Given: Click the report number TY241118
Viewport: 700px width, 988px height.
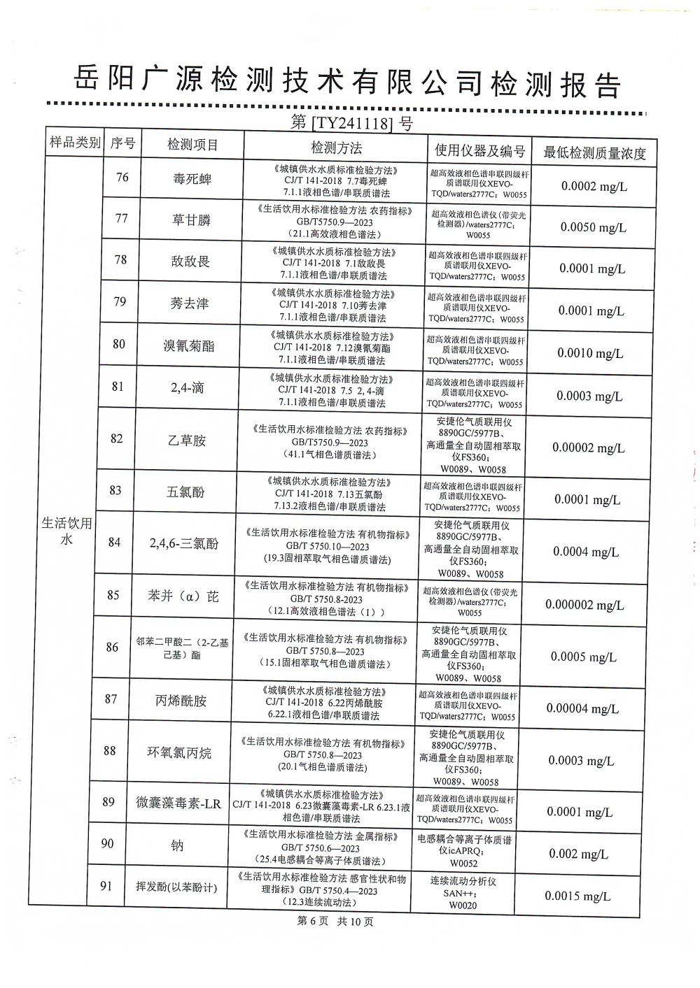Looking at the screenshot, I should pyautogui.click(x=351, y=123).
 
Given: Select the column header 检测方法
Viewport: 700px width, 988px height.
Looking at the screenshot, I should pyautogui.click(x=337, y=148).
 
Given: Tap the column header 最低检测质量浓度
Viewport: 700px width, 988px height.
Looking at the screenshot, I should pyautogui.click(x=594, y=152).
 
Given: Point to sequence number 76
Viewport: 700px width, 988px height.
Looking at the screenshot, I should pyautogui.click(x=122, y=178).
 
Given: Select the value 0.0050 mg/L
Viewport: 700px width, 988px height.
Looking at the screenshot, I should pyautogui.click(x=594, y=227).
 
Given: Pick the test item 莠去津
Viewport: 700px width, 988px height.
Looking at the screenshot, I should pyautogui.click(x=190, y=303).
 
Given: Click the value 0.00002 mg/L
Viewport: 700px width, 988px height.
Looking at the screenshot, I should pyautogui.click(x=588, y=448).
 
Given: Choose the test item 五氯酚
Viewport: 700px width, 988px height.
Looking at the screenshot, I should pyautogui.click(x=185, y=492).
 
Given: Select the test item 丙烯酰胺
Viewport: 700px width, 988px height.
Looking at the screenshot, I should pyautogui.click(x=181, y=700).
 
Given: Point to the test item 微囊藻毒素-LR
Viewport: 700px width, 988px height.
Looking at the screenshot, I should pyautogui.click(x=178, y=803).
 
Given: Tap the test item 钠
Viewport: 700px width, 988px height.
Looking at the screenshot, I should pyautogui.click(x=177, y=845).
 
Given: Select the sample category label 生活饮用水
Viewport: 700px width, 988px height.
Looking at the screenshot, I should pyautogui.click(x=67, y=531).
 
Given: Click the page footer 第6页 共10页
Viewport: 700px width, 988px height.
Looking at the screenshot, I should pyautogui.click(x=335, y=922).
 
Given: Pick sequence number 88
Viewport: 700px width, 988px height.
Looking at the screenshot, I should pyautogui.click(x=109, y=751).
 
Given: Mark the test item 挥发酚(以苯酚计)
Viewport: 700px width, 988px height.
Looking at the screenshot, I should pyautogui.click(x=176, y=887).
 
